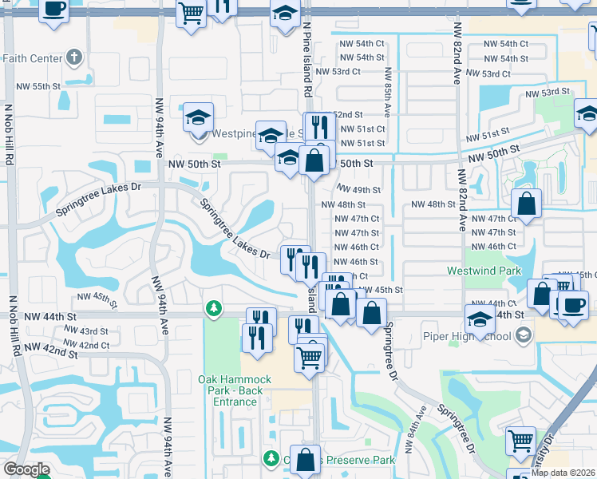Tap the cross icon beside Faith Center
[x=73, y=57]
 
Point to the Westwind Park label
[x=480, y=270]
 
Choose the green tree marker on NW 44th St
[x=213, y=307]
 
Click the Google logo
[x=26, y=469]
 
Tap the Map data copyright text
[x=563, y=472]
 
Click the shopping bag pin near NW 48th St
[x=527, y=204]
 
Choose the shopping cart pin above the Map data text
[x=520, y=440]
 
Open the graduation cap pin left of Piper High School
[x=480, y=321]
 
